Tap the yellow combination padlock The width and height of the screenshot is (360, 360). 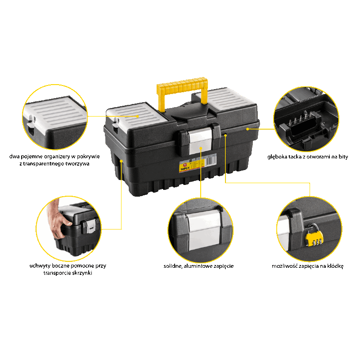pos(314,237)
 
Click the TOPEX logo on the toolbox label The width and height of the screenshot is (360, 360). pos(185,167)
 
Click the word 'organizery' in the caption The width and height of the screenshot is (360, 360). pos(57,157)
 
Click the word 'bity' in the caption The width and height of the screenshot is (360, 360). pos(343,157)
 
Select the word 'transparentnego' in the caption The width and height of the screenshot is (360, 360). pos(41,164)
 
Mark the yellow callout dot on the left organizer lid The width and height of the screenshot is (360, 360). pos(138,117)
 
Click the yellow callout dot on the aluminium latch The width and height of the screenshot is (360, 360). pos(201,148)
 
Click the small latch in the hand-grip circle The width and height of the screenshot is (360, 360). pos(90,226)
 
